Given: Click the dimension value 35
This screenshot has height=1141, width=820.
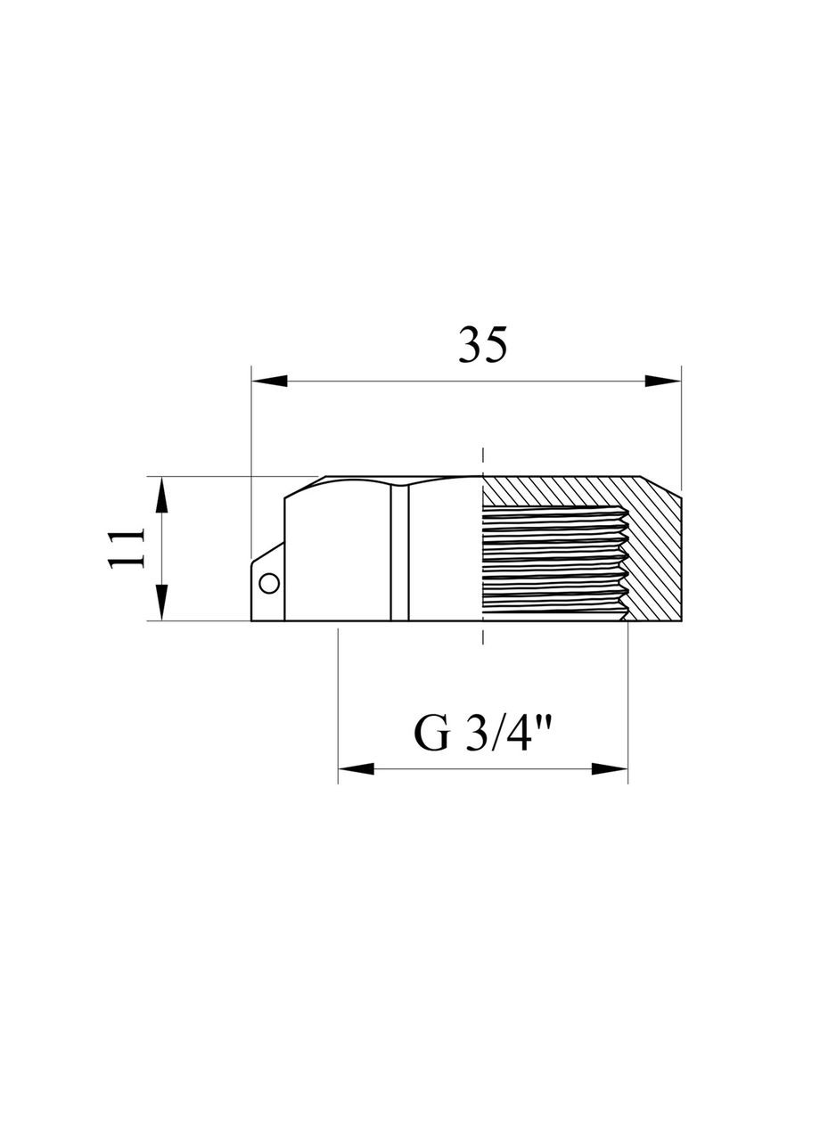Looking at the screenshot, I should click(482, 344).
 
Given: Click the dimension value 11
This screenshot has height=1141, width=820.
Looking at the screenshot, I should click(127, 547).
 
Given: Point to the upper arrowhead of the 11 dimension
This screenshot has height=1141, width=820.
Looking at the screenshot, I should click(160, 495).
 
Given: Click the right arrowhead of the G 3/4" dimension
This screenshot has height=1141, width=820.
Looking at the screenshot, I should click(611, 768).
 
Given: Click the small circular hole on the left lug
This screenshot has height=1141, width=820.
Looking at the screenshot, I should click(268, 583).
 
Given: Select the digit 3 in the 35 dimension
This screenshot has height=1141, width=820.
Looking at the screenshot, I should click(470, 344).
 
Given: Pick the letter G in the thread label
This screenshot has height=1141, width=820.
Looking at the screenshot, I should click(431, 734).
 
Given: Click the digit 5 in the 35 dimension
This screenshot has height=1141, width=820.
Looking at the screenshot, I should click(496, 344).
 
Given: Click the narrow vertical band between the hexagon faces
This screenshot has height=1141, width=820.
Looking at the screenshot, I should click(399, 553).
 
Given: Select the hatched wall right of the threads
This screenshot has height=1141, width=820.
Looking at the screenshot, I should click(655, 562).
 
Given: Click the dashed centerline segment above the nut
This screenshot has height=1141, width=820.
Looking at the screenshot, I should click(482, 459).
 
